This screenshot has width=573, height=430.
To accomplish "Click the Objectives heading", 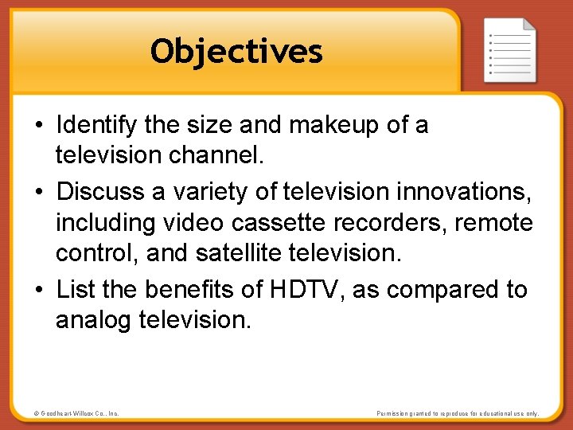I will click(x=236, y=52).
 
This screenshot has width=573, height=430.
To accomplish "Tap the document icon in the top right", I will click(x=510, y=49).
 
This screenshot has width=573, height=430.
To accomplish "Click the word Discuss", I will click(x=99, y=191).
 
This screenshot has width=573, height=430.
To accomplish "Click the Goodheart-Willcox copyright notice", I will click(x=77, y=413).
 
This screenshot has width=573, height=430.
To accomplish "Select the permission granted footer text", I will click(x=458, y=413).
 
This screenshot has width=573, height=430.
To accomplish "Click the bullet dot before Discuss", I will click(x=40, y=192).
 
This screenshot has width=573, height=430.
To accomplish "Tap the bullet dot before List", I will click(x=40, y=290).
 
